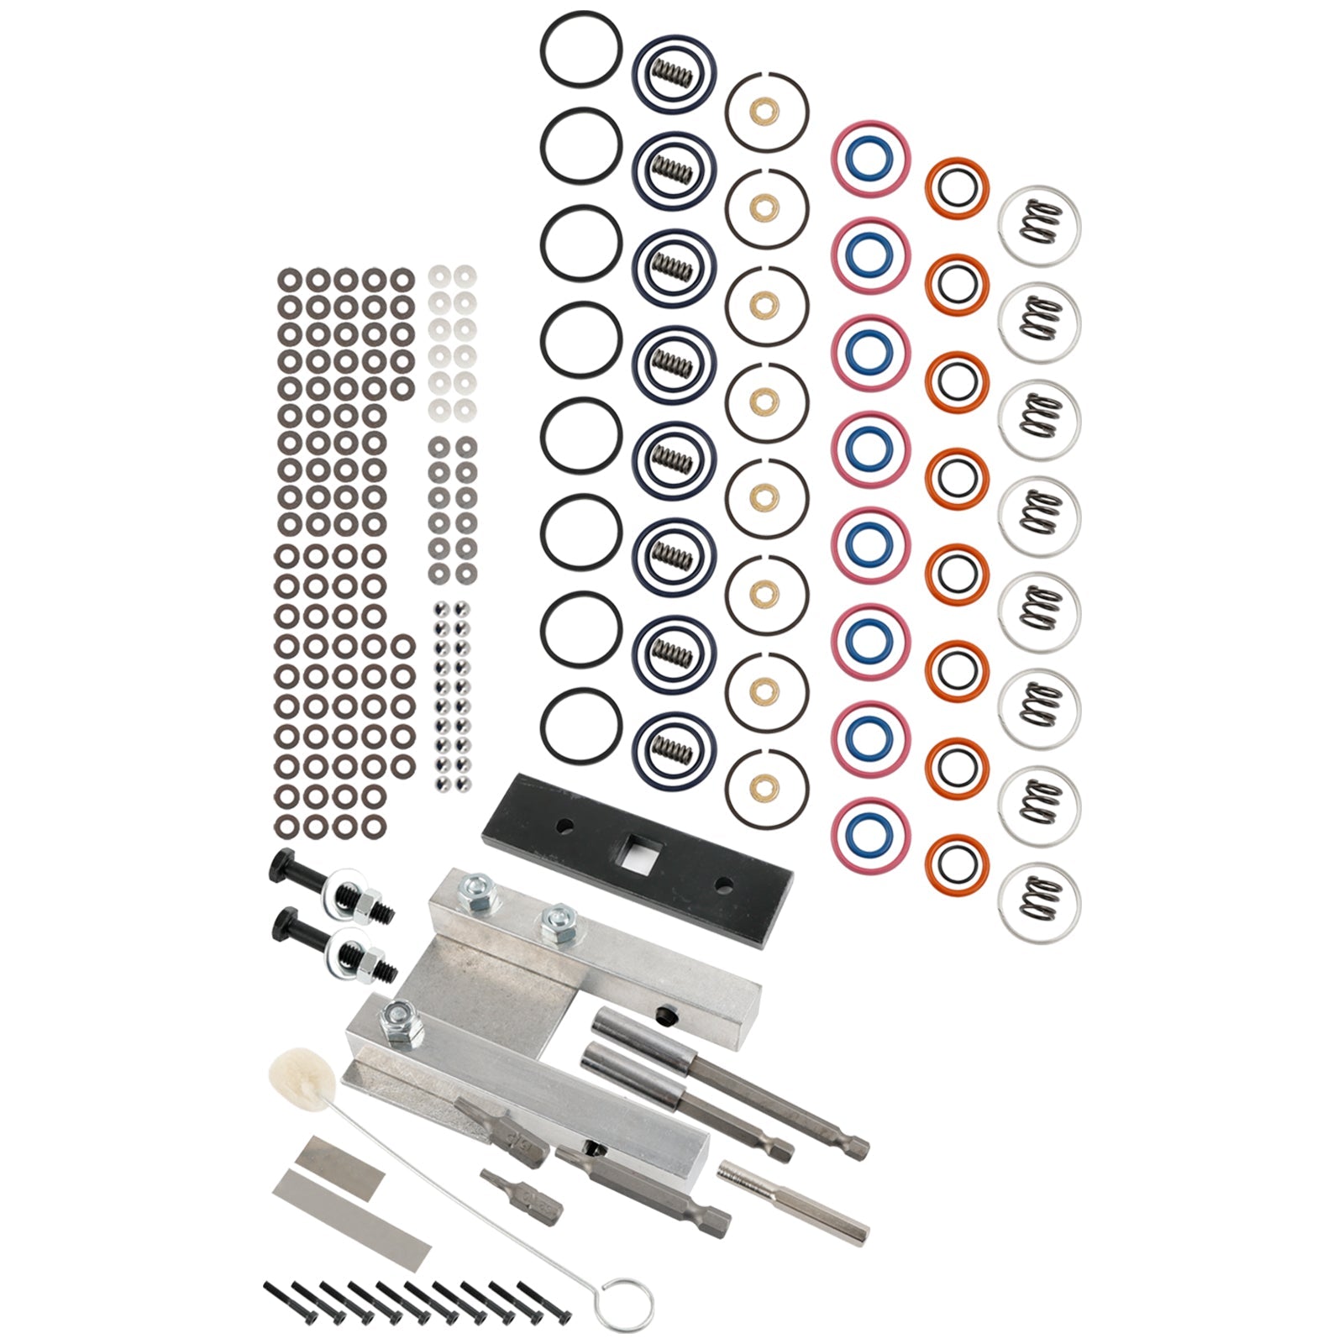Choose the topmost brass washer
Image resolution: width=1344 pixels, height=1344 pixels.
tap(766, 109)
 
